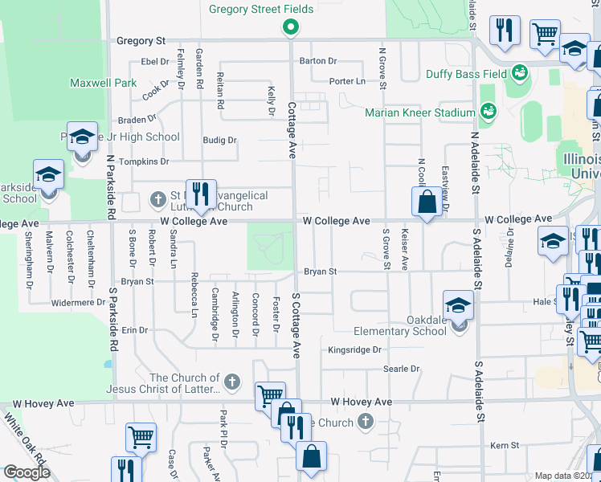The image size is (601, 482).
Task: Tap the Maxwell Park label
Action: click(104, 83)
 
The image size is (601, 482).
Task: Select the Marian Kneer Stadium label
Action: click(420, 112)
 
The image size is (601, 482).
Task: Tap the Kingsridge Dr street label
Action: click(354, 350)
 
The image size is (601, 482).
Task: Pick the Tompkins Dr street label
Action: click(144, 161)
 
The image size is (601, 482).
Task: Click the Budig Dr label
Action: click(219, 140)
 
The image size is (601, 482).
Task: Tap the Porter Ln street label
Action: click(347, 81)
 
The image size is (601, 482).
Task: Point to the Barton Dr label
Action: click(317, 61)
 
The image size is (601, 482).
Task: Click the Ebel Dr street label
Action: click(152, 61)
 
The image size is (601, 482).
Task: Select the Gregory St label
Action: click(141, 40)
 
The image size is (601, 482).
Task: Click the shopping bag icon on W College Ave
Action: click(427, 202)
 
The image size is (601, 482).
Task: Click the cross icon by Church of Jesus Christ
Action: click(232, 381)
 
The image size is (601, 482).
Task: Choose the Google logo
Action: click(26, 473)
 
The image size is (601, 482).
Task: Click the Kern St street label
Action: click(505, 444)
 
